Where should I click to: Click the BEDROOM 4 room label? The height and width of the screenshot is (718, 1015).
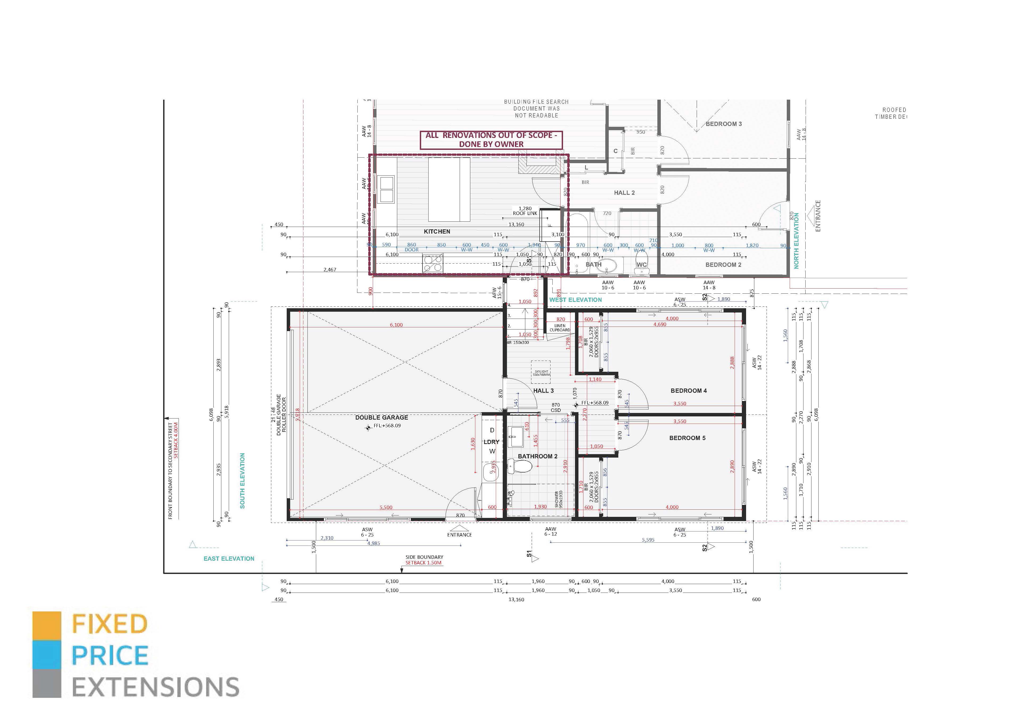(x=688, y=391)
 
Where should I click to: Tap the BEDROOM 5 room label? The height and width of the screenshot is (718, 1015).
(x=687, y=438)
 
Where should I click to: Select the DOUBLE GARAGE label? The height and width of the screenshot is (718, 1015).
(x=382, y=417)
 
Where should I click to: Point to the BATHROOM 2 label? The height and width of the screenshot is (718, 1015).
(x=538, y=456)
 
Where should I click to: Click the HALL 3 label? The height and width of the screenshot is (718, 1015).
(x=543, y=391)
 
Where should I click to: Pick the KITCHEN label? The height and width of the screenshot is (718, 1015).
(x=437, y=232)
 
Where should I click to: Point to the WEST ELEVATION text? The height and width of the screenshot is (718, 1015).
(x=575, y=300)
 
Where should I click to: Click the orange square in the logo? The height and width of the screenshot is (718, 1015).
(x=47, y=626)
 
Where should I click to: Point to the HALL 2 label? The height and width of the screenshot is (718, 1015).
(x=624, y=193)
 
